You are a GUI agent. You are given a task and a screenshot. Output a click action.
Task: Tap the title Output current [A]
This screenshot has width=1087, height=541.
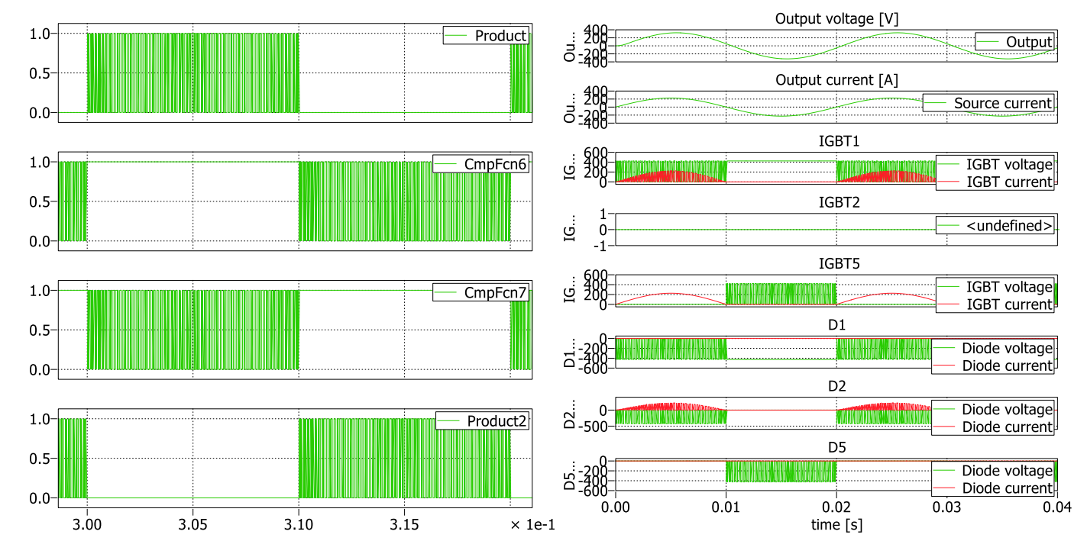[836, 80]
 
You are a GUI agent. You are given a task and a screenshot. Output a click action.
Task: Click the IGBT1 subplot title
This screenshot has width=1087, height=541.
[836, 141]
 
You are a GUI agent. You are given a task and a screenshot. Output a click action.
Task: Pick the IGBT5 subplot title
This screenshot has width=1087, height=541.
[836, 264]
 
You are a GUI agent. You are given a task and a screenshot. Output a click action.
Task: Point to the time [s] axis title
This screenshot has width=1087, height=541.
[836, 525]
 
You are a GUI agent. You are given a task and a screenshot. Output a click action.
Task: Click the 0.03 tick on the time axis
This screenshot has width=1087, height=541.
[946, 505]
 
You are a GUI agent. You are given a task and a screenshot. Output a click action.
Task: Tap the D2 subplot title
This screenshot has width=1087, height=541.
[836, 387]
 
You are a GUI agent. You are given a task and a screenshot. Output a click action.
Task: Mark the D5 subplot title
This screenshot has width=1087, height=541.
[836, 448]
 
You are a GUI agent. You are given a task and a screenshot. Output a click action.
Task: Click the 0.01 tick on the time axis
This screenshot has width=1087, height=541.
[726, 505]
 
